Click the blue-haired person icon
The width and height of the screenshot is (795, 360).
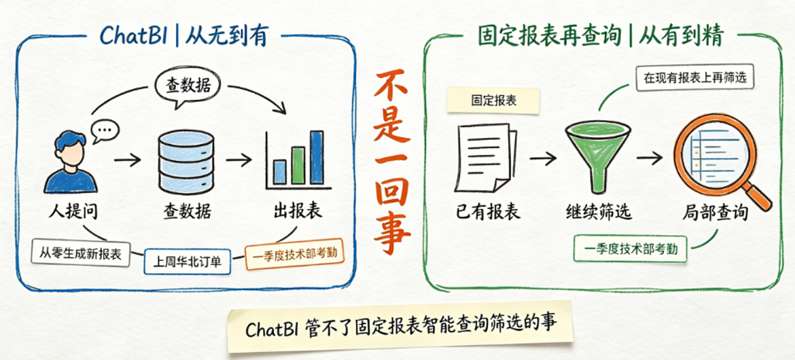[x=70, y=162]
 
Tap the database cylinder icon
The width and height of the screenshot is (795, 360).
[x=186, y=161]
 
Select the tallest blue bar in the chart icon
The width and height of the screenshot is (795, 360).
[x=317, y=157]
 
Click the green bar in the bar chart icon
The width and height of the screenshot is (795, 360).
[x=298, y=165]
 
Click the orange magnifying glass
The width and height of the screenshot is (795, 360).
[x=721, y=161]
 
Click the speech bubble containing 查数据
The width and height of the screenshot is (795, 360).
[x=188, y=88]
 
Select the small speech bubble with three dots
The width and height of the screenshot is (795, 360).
[x=105, y=131]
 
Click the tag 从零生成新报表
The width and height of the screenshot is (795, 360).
[x=81, y=253]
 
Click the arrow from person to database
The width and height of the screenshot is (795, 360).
[x=128, y=161]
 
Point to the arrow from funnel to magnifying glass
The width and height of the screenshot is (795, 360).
[x=650, y=158]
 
